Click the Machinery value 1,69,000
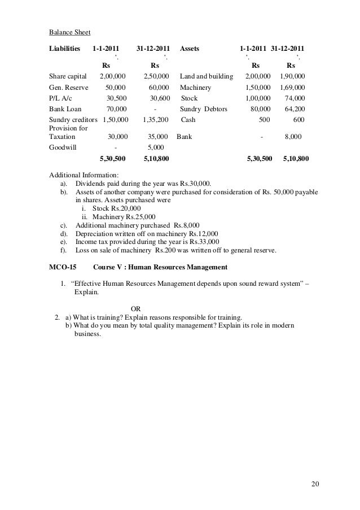[x=292, y=88]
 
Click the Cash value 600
[x=299, y=120]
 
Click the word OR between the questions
[x=136, y=308]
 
